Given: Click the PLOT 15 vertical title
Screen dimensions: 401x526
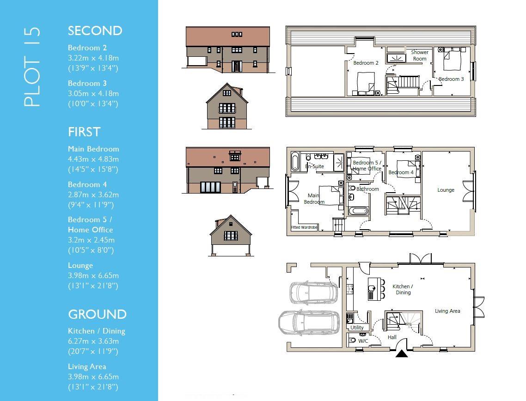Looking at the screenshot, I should (32, 67).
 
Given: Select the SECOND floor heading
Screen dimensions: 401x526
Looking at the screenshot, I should (95, 31).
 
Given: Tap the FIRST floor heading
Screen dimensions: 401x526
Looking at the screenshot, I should (84, 132).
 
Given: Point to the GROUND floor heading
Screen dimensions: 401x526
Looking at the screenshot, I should (97, 315).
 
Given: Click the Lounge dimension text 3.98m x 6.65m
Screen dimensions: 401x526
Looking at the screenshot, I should (93, 276).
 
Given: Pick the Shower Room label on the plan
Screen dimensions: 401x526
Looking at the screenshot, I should (419, 55).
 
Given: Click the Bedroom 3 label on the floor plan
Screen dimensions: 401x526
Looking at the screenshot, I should (451, 79).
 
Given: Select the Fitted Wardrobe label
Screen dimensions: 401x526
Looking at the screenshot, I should (304, 227).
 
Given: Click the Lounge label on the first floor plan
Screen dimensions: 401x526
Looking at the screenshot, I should (446, 190).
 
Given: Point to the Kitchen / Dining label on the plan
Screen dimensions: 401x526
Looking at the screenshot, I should (403, 289).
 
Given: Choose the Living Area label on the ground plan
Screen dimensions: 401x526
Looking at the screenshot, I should (447, 311).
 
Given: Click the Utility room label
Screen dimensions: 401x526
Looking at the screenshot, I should (357, 328).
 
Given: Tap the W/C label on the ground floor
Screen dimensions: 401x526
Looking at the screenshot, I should (363, 341).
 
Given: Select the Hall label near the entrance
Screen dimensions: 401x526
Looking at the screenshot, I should (392, 337).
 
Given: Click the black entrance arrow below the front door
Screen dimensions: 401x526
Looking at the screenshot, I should (401, 354).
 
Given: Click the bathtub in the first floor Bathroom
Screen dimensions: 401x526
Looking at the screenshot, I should (358, 211).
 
